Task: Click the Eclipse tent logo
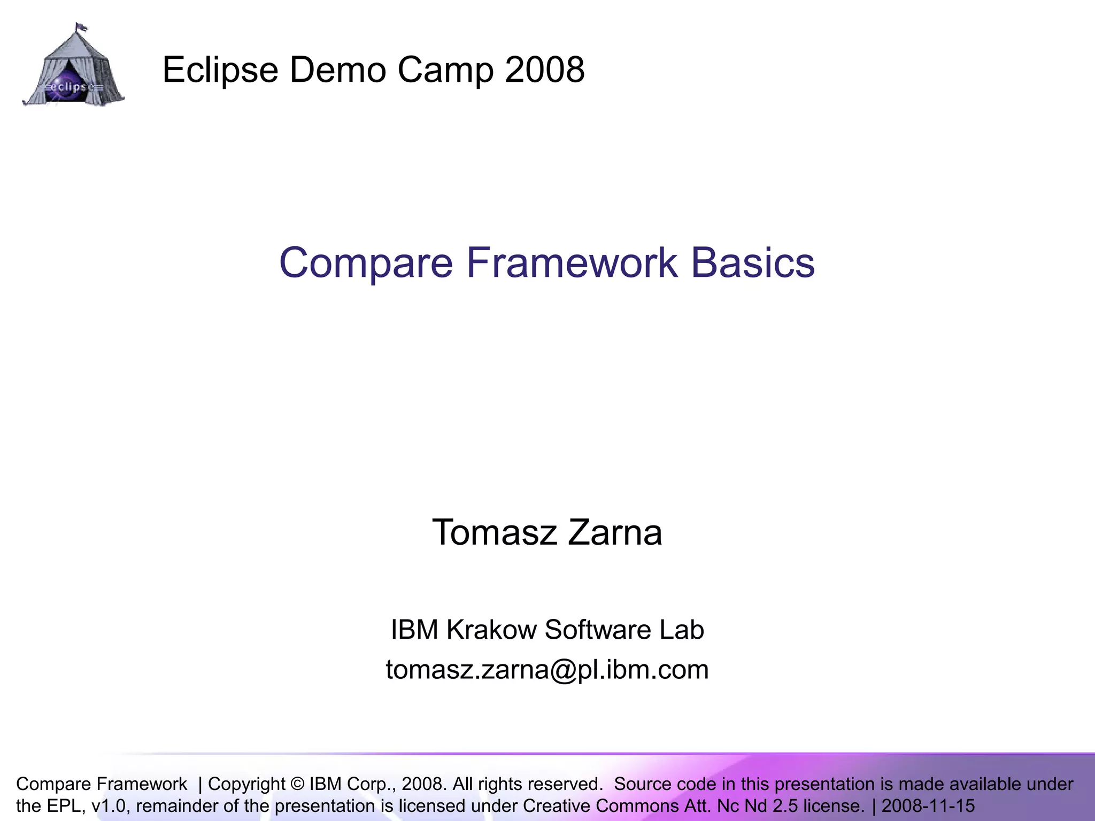coord(73,67)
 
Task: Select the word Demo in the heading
coord(337,69)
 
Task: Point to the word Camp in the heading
coord(445,71)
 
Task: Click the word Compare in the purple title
coord(366,263)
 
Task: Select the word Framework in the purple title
coord(572,263)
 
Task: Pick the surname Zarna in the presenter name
coord(615,532)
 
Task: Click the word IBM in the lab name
coord(414,630)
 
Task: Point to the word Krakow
coord(491,630)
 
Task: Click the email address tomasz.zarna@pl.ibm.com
coord(547,669)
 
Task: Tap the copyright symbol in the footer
coord(297,784)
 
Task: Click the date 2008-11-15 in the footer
coord(928,805)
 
